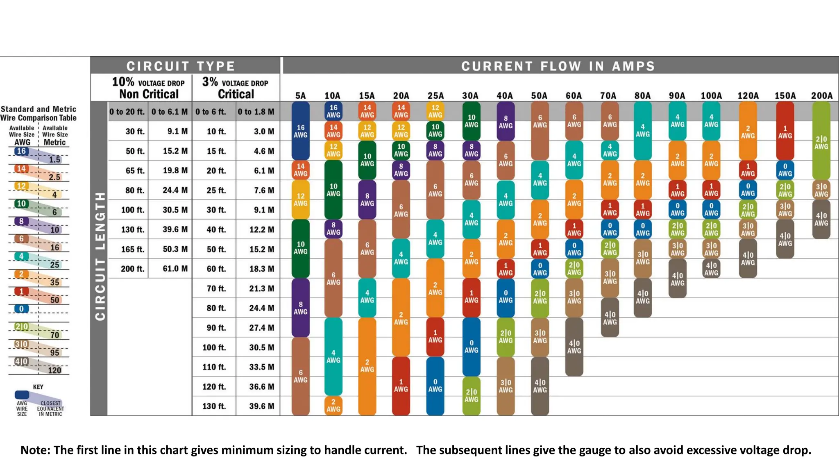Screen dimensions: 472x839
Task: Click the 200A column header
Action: pyautogui.click(x=821, y=95)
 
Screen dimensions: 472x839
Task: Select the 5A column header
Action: pyautogui.click(x=300, y=95)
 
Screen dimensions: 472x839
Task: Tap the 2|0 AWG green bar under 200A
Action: pyautogui.click(x=821, y=141)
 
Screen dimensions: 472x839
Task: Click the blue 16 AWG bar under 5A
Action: pyautogui.click(x=300, y=131)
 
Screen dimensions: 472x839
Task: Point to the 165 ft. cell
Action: pyautogui.click(x=132, y=249)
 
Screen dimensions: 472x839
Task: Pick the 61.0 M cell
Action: pyautogui.click(x=175, y=269)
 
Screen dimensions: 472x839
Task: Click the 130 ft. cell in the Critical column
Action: pyautogui.click(x=214, y=406)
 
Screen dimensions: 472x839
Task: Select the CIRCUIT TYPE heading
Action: pyautogui.click(x=180, y=66)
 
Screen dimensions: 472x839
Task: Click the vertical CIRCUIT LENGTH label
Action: pyautogui.click(x=100, y=256)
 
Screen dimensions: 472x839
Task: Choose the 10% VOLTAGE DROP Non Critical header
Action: pyautogui.click(x=148, y=88)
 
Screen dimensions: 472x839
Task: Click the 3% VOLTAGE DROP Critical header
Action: pyautogui.click(x=235, y=88)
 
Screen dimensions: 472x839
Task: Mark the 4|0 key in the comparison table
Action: pyautogui.click(x=21, y=361)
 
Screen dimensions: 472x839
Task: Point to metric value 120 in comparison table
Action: pyautogui.click(x=54, y=370)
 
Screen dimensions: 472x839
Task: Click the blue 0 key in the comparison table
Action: pyautogui.click(x=21, y=309)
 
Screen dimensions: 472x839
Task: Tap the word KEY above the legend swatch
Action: pyautogui.click(x=38, y=387)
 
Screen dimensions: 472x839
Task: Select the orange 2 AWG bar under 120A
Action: pyautogui.click(x=748, y=131)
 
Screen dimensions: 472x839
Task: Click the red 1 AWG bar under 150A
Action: pyautogui.click(x=785, y=131)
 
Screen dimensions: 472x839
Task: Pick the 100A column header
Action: pyautogui.click(x=711, y=95)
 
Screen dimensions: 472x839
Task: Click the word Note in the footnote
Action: pyautogui.click(x=35, y=450)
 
